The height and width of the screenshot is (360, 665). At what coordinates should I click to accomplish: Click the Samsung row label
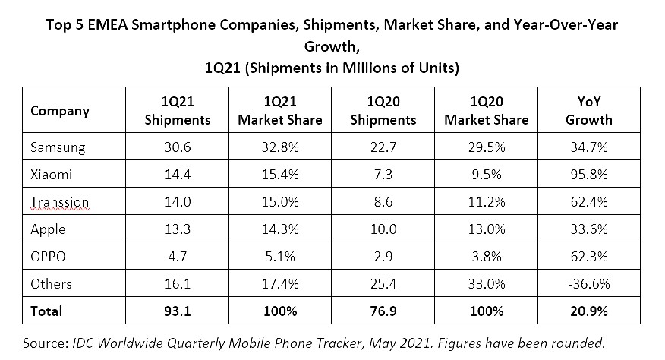[x=57, y=147]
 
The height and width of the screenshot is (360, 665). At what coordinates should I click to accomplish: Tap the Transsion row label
[x=60, y=202]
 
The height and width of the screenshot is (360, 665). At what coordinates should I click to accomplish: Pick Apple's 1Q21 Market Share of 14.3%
[x=280, y=229]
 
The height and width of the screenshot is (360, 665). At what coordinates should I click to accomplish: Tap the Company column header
[x=60, y=111]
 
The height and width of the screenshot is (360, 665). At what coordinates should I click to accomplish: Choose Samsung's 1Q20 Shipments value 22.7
[x=384, y=147]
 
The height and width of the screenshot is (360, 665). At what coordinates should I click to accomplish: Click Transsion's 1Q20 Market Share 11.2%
[x=486, y=202]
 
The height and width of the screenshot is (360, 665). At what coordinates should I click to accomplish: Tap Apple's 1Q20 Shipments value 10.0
[x=384, y=229]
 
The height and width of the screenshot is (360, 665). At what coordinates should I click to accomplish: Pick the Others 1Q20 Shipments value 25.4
[x=384, y=284]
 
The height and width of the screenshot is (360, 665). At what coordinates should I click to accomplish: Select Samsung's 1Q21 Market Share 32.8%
[x=280, y=147]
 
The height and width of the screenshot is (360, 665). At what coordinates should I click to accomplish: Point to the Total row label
[x=47, y=311]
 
